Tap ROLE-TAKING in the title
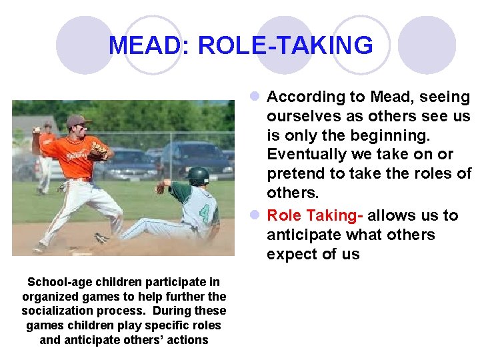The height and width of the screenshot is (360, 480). coord(285,45)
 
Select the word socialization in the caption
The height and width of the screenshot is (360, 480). coord(57,311)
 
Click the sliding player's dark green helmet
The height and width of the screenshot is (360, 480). coord(198,176)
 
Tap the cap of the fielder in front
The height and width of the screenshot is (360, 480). coord(78,121)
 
